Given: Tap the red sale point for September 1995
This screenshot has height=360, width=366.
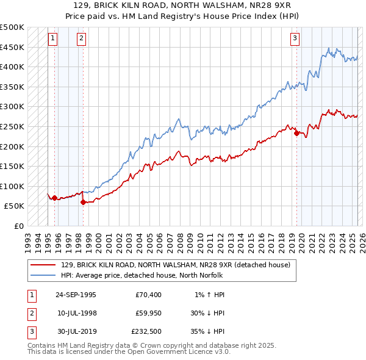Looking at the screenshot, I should (x=55, y=198).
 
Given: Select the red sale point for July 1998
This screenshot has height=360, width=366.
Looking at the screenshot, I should (x=83, y=202).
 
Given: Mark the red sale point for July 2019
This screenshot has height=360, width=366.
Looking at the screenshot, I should (x=296, y=133).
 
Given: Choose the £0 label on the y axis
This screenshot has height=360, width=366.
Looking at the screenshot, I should (x=19, y=226).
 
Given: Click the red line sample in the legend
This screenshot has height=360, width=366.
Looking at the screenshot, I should (x=43, y=264).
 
